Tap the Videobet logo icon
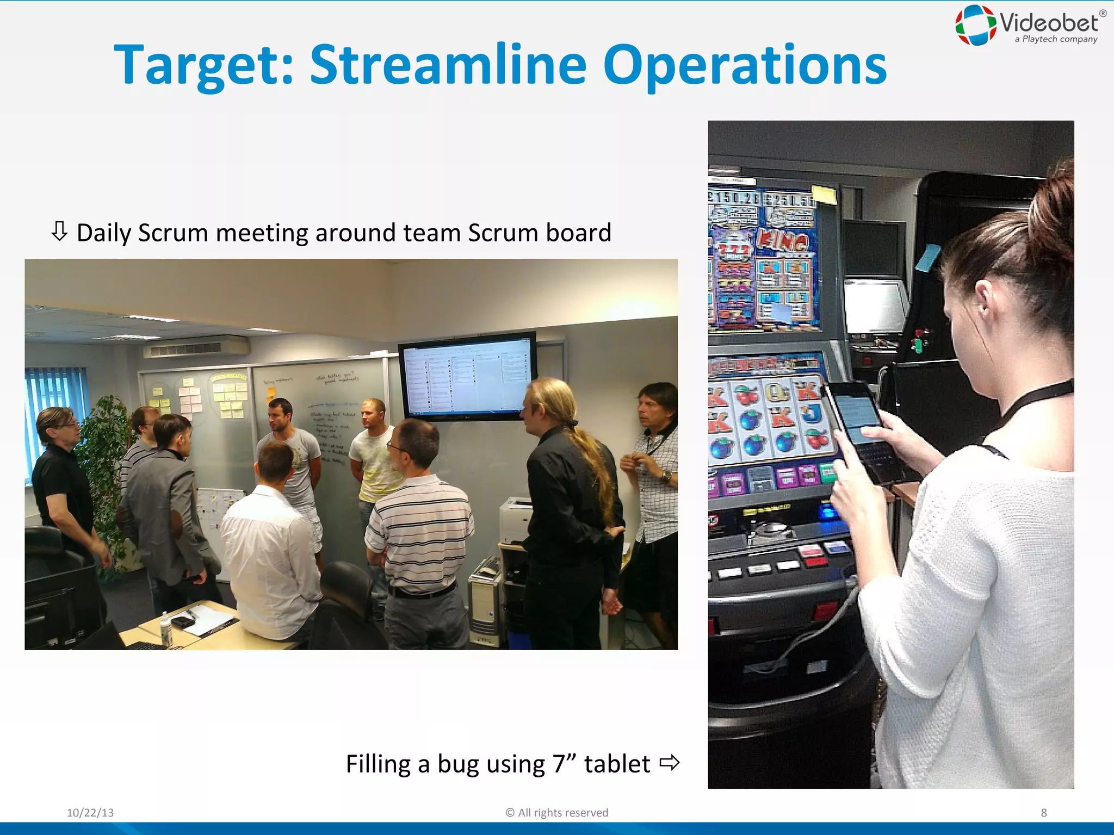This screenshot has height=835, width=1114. pyautogui.click(x=976, y=25)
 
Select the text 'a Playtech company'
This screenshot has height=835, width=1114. pyautogui.click(x=1055, y=39)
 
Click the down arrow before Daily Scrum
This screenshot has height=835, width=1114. pyautogui.click(x=59, y=232)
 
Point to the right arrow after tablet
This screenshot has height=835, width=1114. pyautogui.click(x=669, y=763)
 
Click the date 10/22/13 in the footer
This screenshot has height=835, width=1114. pyautogui.click(x=90, y=813)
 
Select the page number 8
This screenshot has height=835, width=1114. pyautogui.click(x=1043, y=813)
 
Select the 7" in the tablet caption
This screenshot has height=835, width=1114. pyautogui.click(x=564, y=763)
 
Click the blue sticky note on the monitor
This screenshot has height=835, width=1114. pyautogui.click(x=927, y=257)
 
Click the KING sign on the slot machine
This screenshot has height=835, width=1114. pyautogui.click(x=783, y=241)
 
